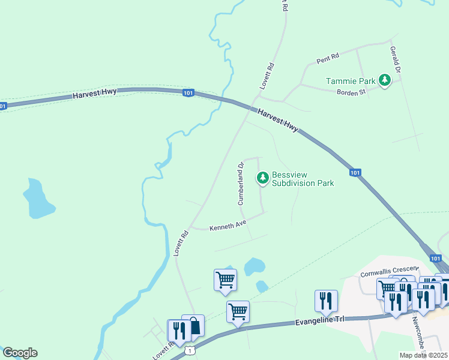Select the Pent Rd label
328,58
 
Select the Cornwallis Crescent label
387,269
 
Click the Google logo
20,353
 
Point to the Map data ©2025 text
423,355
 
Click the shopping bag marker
193,326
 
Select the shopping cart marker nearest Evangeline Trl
238,311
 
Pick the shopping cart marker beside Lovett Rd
225,280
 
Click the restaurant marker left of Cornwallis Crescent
326,301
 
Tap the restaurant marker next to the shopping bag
178,330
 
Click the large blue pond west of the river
38,199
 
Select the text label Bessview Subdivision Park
303,179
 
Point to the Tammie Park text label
351,81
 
